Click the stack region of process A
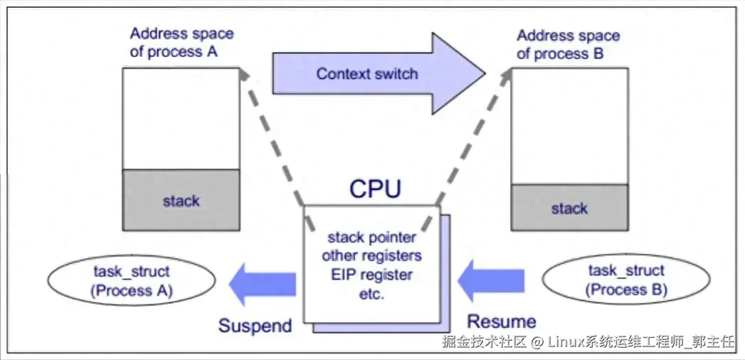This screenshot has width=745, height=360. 181,201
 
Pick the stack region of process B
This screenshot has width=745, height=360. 569,208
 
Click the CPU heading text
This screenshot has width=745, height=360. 374,189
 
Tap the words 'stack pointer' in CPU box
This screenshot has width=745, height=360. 371,237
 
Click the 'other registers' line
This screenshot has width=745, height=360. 371,255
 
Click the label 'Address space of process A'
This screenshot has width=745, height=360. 181,43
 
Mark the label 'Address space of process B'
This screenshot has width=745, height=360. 568,44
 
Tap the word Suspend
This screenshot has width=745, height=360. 255,326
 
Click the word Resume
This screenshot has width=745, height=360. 502,321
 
